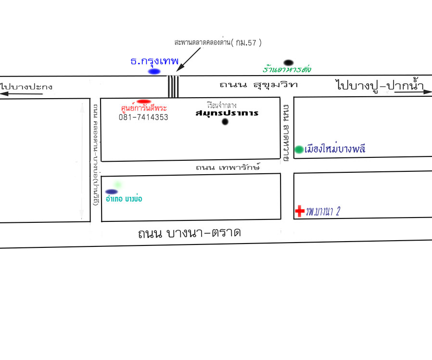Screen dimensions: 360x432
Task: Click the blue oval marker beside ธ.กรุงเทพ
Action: point(154,72)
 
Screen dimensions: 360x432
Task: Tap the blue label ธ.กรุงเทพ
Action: point(154,62)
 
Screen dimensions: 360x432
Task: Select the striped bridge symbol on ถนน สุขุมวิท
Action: point(173,86)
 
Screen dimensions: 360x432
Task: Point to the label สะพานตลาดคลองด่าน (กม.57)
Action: point(218,43)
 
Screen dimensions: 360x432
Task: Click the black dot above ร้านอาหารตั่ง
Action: point(288,63)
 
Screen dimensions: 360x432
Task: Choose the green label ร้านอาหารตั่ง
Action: point(287,70)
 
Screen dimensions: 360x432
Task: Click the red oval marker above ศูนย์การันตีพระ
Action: point(144,102)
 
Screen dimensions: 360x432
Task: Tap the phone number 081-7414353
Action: point(143,117)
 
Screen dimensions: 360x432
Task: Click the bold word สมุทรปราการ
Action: point(227,113)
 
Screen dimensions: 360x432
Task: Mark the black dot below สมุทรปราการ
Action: point(225,122)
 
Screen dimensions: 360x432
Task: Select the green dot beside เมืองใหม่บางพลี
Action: point(299,149)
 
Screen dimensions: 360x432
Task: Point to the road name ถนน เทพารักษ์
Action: point(228,167)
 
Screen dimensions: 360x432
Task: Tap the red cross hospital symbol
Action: point(299,211)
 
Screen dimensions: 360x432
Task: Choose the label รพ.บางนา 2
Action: point(326,211)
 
